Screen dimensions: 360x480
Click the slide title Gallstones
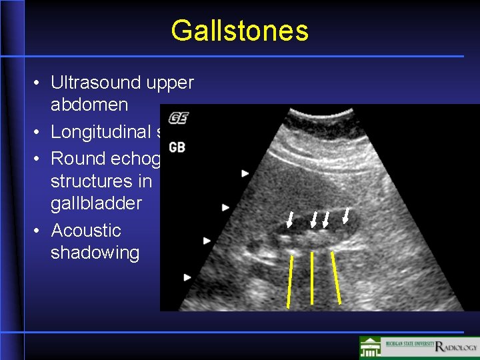[x=239, y=31]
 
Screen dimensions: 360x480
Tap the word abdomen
[x=89, y=105]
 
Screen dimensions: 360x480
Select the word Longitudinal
[x=101, y=132]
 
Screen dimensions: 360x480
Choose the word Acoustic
[x=86, y=231]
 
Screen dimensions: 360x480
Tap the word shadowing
[x=95, y=253]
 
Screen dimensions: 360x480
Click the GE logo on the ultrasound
[x=178, y=118]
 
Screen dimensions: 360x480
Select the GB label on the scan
[x=177, y=146]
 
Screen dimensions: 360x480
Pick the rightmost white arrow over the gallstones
[x=346, y=215]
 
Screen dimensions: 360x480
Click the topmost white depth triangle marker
[x=245, y=173]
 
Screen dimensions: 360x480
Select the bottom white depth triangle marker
[x=188, y=277]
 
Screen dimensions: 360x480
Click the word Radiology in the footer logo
[x=456, y=346]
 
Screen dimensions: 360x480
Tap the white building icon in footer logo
[x=371, y=347]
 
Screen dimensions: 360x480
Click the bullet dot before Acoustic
[x=37, y=231]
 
